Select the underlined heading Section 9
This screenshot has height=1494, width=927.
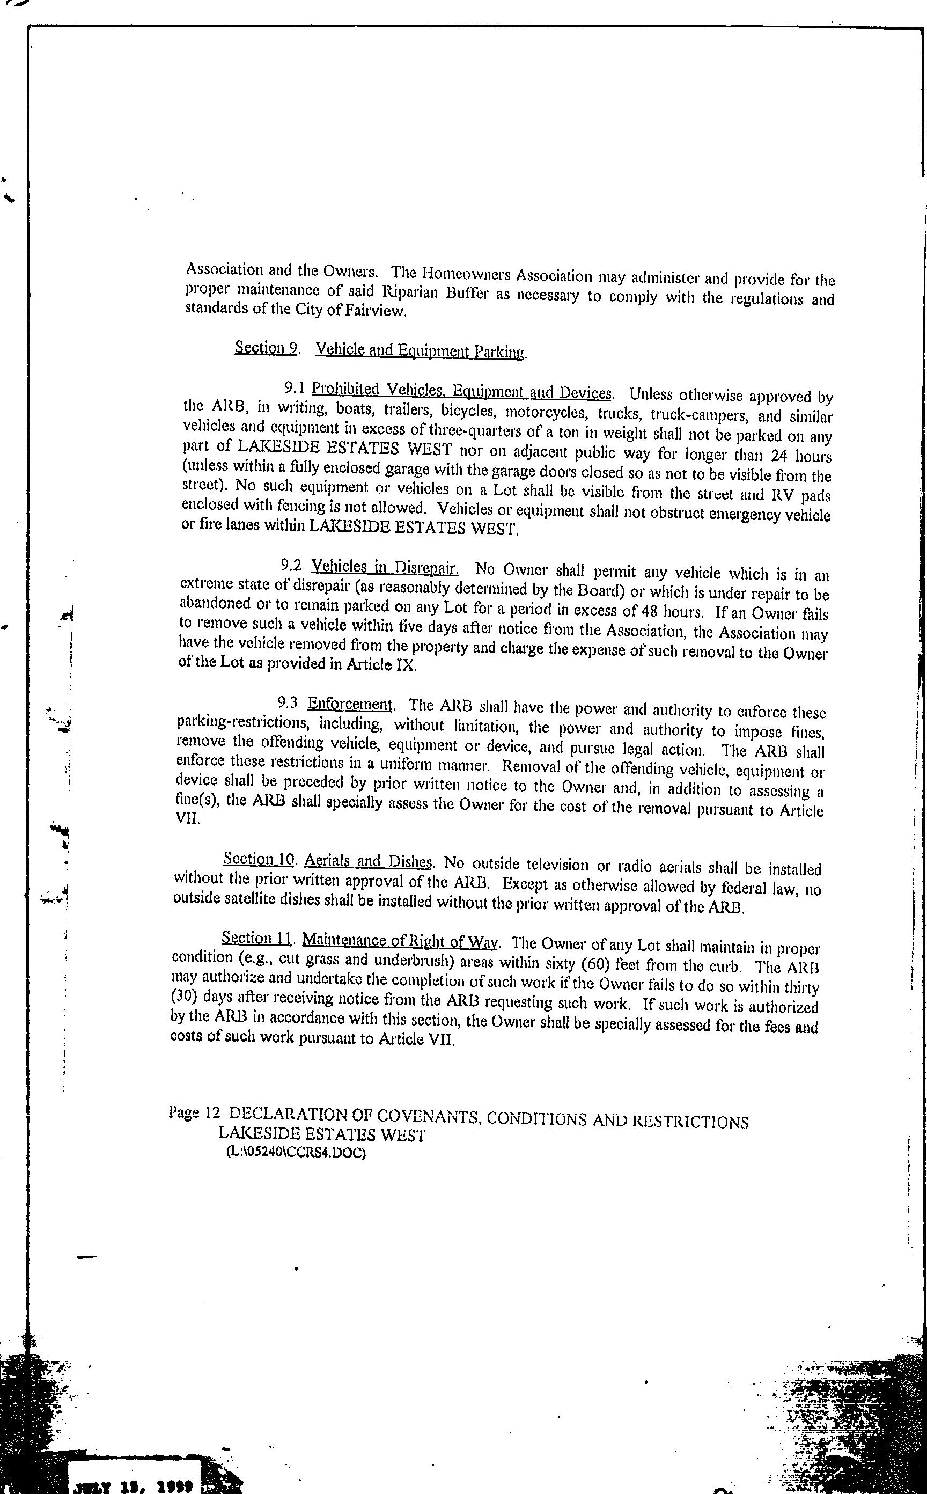coord(266,348)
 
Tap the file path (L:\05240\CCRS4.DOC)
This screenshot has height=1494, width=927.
coord(296,1152)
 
